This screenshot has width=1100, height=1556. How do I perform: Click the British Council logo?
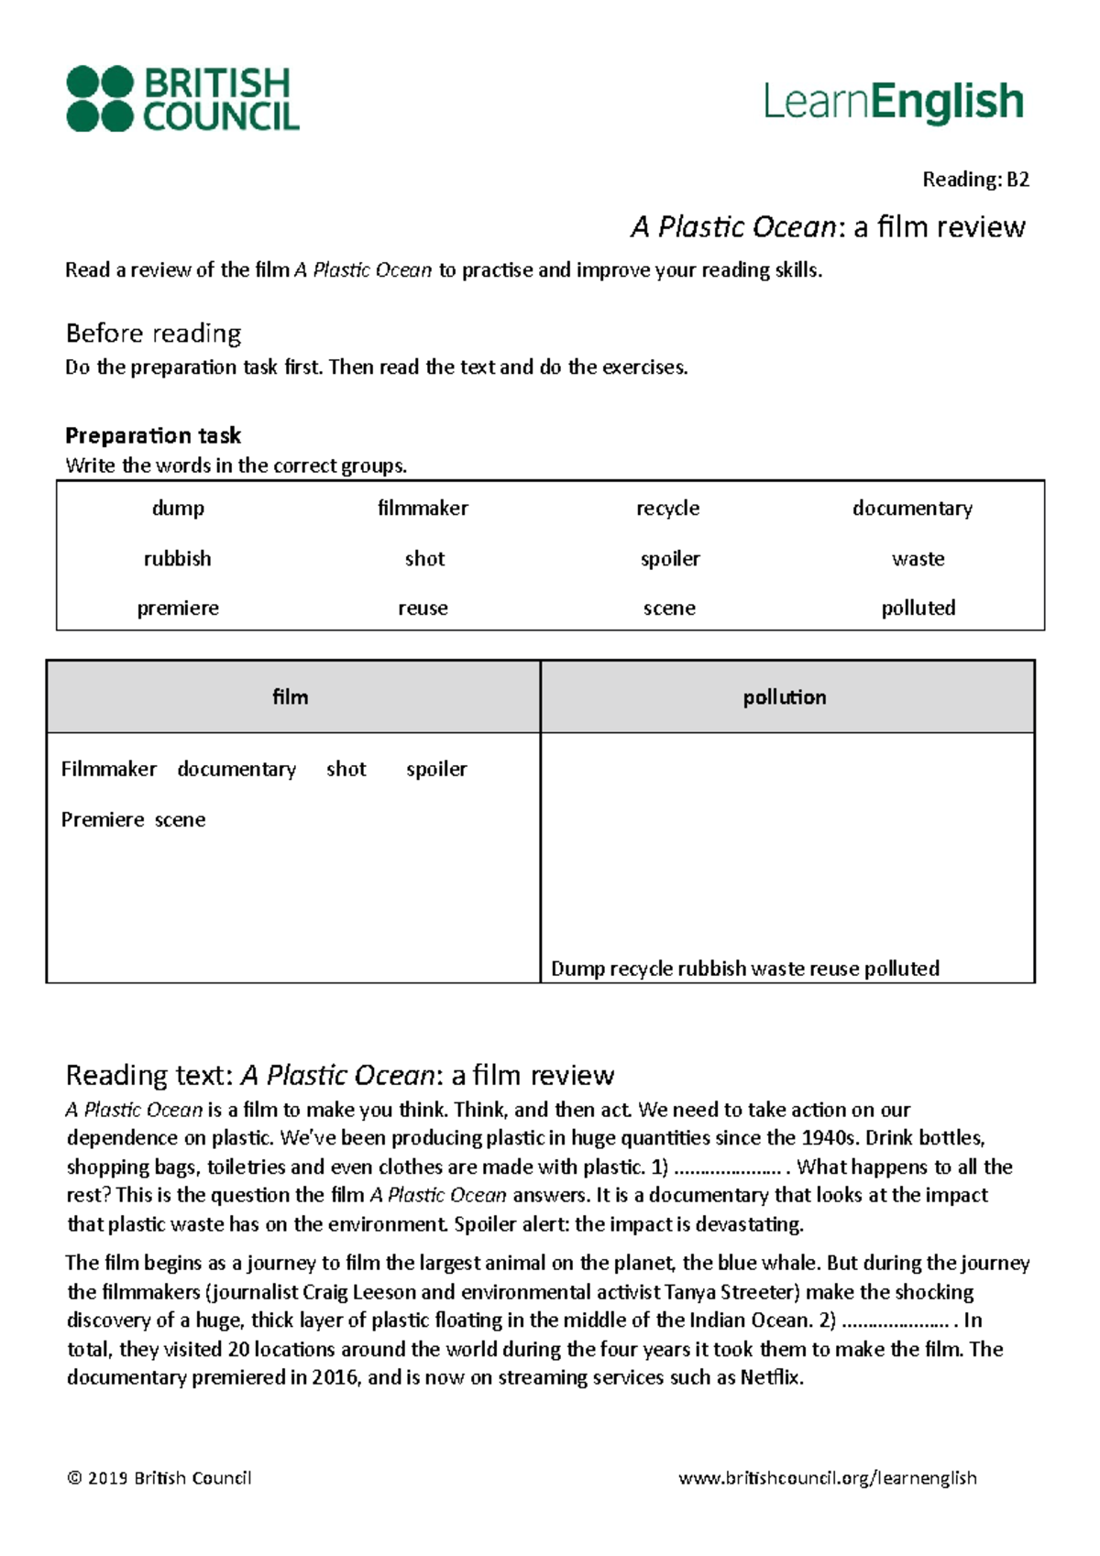pos(182,98)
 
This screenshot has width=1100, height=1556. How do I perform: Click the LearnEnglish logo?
pos(893,102)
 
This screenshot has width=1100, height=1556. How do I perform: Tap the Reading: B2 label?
pos(975,180)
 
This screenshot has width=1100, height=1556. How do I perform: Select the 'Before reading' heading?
pos(153,333)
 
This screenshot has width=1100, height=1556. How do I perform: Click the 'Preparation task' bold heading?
pos(153,435)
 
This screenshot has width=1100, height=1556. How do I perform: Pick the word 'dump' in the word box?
pos(178,509)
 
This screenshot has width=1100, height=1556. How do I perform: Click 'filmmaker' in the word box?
pos(423,509)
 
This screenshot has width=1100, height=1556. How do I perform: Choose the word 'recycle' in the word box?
pos(667,509)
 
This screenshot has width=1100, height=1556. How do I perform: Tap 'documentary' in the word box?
pos(912,509)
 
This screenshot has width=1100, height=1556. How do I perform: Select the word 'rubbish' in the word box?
pos(177,558)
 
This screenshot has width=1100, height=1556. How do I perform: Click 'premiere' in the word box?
pos(178,608)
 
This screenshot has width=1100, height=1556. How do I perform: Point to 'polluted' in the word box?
pos(918,608)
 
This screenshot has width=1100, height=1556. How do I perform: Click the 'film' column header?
pos(291,697)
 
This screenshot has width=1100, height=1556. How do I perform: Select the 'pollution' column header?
pos(785,697)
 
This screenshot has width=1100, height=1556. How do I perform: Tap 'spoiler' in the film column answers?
pos(436,770)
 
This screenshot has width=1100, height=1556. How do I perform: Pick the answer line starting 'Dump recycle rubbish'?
pos(744,969)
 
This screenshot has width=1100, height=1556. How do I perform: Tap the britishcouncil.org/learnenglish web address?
pos(827,1478)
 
